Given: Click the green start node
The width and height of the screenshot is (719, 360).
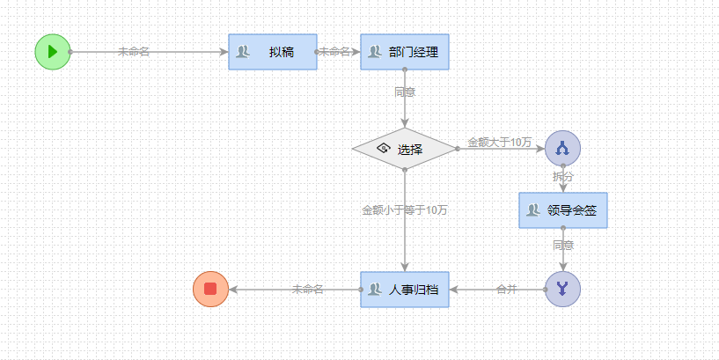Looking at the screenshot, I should pyautogui.click(x=52, y=51).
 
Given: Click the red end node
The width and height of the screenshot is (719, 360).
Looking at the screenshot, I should pyautogui.click(x=210, y=289).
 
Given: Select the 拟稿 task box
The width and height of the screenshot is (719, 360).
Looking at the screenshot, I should pyautogui.click(x=273, y=52).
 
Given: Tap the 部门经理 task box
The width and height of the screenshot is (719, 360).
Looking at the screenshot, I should pyautogui.click(x=405, y=52).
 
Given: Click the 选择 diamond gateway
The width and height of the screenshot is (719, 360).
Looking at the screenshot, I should pyautogui.click(x=405, y=149).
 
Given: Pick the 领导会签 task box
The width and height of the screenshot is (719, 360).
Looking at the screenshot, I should pyautogui.click(x=563, y=210).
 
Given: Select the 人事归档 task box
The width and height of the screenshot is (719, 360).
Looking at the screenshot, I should pyautogui.click(x=405, y=289).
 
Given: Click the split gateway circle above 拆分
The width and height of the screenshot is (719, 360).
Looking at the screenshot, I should pyautogui.click(x=562, y=149).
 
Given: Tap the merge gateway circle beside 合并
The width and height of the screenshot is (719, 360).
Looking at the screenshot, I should pyautogui.click(x=562, y=289).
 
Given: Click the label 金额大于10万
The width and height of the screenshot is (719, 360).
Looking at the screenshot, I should pyautogui.click(x=499, y=142).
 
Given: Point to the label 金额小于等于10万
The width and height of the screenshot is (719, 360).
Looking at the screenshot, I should pyautogui.click(x=405, y=210).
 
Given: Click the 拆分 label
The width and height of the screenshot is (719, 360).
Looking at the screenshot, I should pyautogui.click(x=563, y=177).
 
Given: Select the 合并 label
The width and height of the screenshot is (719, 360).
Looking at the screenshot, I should pyautogui.click(x=507, y=289).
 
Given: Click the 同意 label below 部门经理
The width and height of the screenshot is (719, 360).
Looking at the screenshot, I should pyautogui.click(x=405, y=92).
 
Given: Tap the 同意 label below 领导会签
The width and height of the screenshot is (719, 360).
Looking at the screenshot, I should pyautogui.click(x=563, y=245).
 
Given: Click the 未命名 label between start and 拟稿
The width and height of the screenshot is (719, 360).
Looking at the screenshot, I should pyautogui.click(x=134, y=51).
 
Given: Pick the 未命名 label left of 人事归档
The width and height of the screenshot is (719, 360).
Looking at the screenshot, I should pyautogui.click(x=308, y=289).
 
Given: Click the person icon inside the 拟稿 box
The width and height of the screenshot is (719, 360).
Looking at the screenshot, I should pyautogui.click(x=244, y=52).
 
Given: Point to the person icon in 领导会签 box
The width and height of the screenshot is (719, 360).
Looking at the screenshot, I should pyautogui.click(x=532, y=210).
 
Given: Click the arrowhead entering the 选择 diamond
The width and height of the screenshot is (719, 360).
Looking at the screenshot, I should pyautogui.click(x=405, y=123).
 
